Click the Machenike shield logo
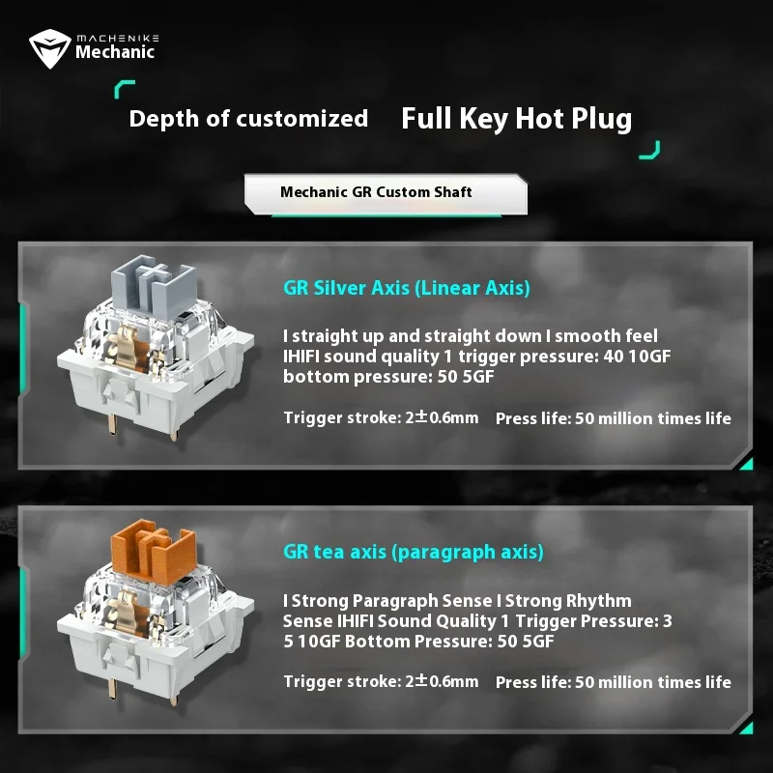click(50, 48)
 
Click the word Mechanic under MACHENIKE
click(115, 52)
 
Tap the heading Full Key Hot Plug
click(516, 119)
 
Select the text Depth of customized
click(248, 119)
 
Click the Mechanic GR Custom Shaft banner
click(386, 194)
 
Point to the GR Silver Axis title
click(407, 288)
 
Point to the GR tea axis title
click(414, 552)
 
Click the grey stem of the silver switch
click(154, 286)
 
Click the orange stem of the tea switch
click(154, 550)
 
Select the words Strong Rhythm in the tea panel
click(568, 601)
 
